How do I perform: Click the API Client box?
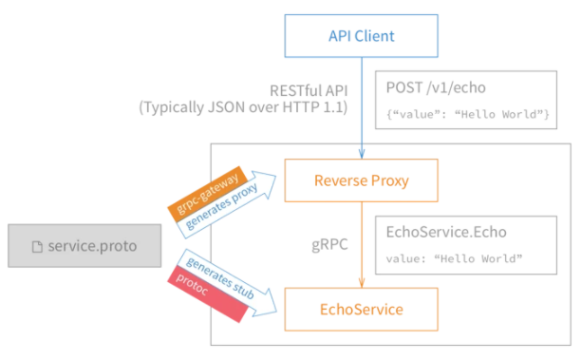tap(361, 38)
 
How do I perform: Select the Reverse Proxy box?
tap(361, 180)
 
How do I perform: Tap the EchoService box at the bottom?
tap(361, 308)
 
